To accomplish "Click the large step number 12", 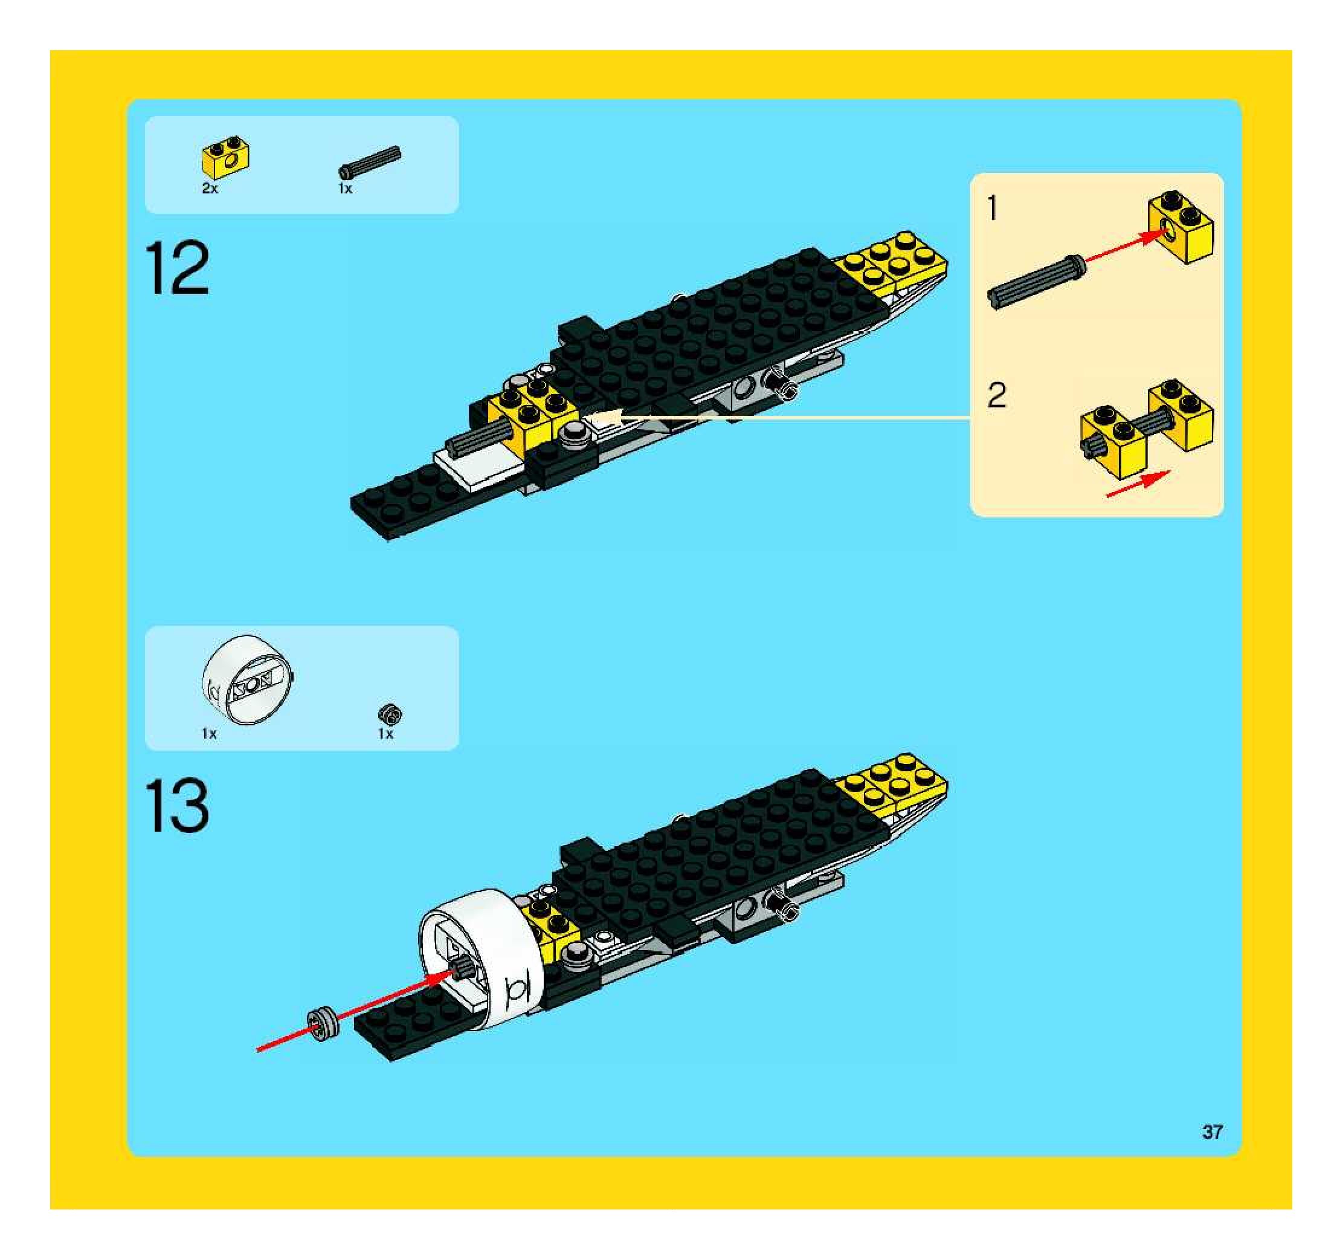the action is tap(177, 268).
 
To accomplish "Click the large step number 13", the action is tap(177, 806).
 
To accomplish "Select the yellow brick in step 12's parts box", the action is tap(226, 158).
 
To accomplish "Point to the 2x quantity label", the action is tap(210, 189).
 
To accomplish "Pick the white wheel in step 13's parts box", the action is tap(248, 679).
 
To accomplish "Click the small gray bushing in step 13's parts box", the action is tap(390, 714).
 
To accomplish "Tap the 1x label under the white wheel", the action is tap(209, 734).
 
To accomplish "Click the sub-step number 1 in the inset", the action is tap(992, 208).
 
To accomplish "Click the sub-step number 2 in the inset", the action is tap(997, 395).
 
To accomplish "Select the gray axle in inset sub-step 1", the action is tap(1037, 282).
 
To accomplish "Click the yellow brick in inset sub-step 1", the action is tap(1181, 227).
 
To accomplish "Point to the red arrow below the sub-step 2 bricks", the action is tap(1138, 485).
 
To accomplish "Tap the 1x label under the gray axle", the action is tap(345, 189).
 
